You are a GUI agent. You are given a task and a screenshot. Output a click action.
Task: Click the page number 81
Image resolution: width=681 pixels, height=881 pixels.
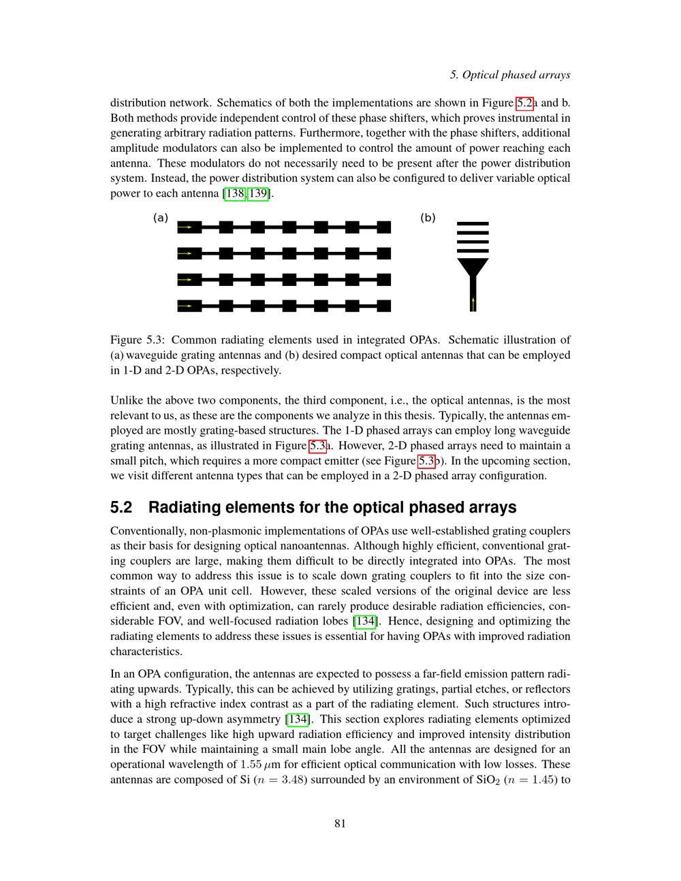(x=340, y=823)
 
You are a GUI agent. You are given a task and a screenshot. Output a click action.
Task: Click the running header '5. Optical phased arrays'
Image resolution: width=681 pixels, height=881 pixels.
(x=510, y=75)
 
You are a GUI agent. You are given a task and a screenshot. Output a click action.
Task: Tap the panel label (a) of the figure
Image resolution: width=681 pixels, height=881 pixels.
(x=160, y=218)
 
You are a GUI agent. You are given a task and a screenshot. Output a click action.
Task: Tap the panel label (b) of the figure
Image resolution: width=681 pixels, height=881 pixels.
(x=428, y=218)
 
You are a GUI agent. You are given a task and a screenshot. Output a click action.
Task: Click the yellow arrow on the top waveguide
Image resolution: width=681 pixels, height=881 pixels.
(x=186, y=227)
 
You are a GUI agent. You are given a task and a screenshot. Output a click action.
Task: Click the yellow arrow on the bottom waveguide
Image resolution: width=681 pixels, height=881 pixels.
(x=186, y=306)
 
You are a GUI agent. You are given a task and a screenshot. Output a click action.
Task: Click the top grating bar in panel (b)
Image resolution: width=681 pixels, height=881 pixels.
(x=473, y=223)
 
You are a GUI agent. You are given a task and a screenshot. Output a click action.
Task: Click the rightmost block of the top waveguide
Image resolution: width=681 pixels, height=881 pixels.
(x=383, y=227)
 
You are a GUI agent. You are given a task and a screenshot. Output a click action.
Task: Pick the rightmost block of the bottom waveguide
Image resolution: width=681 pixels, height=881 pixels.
(x=383, y=306)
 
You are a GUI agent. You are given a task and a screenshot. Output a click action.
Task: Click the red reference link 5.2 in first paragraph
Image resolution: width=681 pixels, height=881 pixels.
(x=524, y=103)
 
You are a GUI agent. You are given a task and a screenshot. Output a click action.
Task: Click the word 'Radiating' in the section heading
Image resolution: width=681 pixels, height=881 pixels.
(x=182, y=508)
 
